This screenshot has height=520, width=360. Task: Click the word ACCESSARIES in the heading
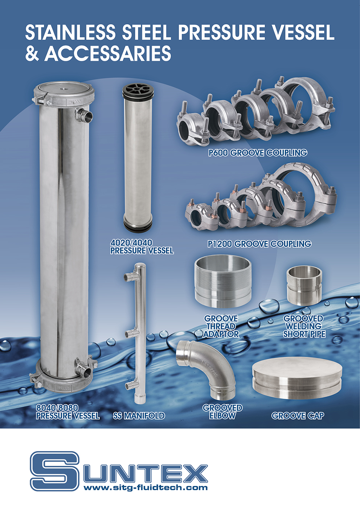[108, 53]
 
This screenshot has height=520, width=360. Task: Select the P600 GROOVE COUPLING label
[257, 153]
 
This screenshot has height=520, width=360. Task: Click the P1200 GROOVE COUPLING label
[259, 244]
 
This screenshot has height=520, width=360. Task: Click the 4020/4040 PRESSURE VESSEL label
[142, 247]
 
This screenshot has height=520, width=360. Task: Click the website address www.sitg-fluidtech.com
[146, 487]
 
